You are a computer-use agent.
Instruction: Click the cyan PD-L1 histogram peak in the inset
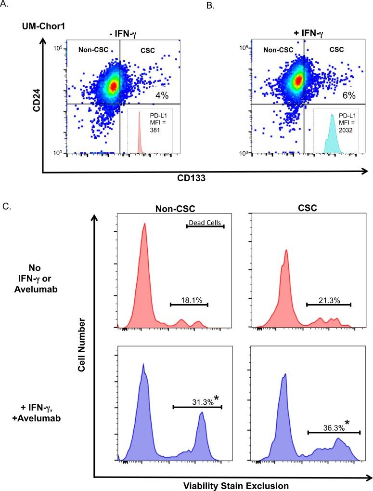[x=331, y=130]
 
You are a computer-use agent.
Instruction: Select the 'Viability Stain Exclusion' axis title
[x=231, y=485]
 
